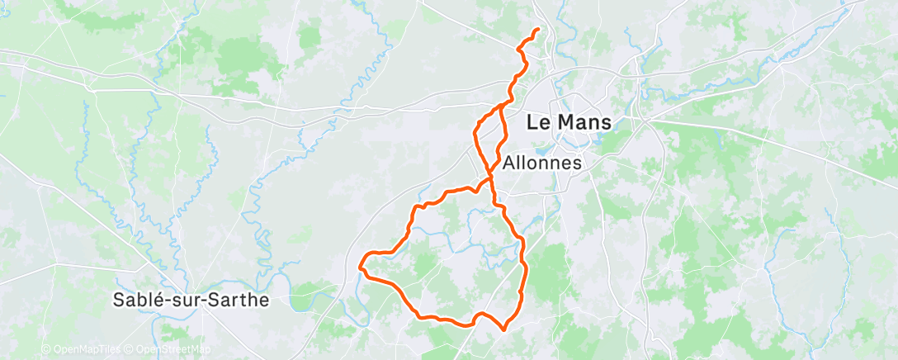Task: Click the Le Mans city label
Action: click(570, 122)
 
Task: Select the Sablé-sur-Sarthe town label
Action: click(192, 300)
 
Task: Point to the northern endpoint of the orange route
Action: click(538, 30)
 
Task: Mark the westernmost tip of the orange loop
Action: click(361, 266)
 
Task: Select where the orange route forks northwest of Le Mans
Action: click(500, 107)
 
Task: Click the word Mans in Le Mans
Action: click(585, 122)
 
